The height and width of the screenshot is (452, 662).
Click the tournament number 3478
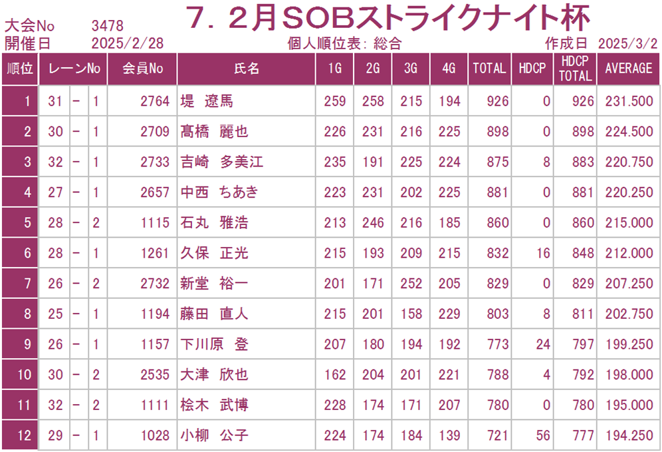click(x=107, y=26)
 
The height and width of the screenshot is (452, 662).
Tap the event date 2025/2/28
click(x=127, y=43)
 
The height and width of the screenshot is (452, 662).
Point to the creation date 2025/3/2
click(x=627, y=43)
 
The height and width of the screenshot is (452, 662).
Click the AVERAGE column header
click(x=628, y=68)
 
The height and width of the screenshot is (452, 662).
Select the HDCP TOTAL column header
click(x=575, y=69)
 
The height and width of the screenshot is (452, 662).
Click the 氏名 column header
click(x=247, y=68)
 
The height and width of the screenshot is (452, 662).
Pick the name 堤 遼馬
click(x=207, y=101)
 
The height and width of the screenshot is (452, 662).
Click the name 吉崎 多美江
click(x=221, y=162)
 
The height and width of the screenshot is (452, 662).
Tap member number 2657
click(x=155, y=192)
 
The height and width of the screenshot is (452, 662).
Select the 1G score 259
click(x=335, y=101)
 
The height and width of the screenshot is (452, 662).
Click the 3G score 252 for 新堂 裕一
click(x=411, y=284)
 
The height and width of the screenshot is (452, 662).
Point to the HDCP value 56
click(x=543, y=435)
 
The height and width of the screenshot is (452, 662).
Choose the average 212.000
click(x=629, y=253)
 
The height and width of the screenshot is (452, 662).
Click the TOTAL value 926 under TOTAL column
click(x=497, y=101)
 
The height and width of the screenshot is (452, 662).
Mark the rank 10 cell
click(x=24, y=375)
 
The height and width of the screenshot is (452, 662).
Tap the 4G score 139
click(x=449, y=435)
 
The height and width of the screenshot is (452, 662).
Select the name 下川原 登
click(x=214, y=344)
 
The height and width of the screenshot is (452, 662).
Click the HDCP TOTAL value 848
click(x=583, y=253)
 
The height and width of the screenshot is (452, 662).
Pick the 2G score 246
click(x=373, y=223)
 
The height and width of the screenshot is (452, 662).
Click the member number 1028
click(x=155, y=435)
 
